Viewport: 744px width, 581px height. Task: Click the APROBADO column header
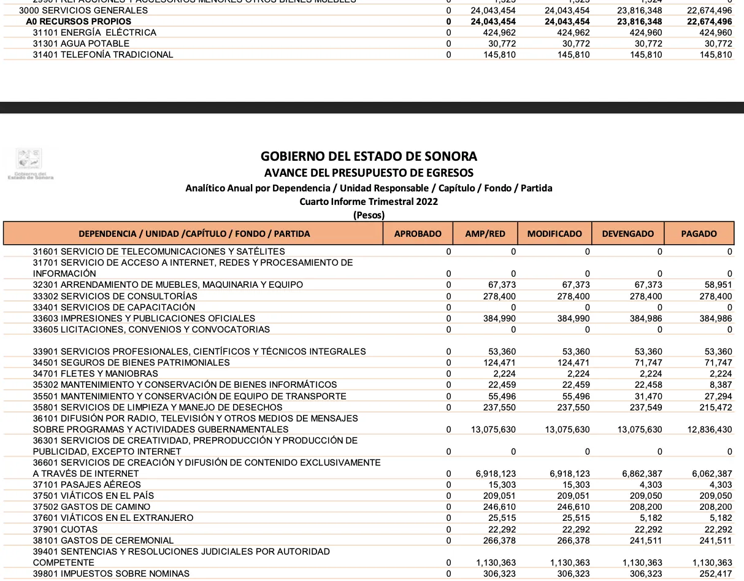pyautogui.click(x=418, y=234)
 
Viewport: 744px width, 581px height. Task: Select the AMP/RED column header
pyautogui.click(x=485, y=234)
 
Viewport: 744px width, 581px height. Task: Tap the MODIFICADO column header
pyautogui.click(x=554, y=234)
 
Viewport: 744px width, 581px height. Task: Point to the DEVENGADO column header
pyautogui.click(x=628, y=234)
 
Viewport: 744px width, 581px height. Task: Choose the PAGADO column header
pyautogui.click(x=699, y=234)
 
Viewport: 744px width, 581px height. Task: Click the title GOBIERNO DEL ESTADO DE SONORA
pyautogui.click(x=369, y=156)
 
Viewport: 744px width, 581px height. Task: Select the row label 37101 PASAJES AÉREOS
pyautogui.click(x=87, y=485)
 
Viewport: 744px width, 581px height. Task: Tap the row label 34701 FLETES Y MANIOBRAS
pyautogui.click(x=95, y=374)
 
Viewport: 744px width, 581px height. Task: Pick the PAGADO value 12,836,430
pyautogui.click(x=710, y=429)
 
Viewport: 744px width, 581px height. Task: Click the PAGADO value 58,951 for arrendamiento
pyautogui.click(x=718, y=285)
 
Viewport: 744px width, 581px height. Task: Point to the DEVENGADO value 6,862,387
pyautogui.click(x=640, y=474)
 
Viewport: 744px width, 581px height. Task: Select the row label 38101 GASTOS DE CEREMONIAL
pyautogui.click(x=103, y=541)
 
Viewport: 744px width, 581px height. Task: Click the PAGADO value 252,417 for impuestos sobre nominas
pyautogui.click(x=716, y=574)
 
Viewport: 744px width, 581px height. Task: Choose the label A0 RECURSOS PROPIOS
pyautogui.click(x=78, y=21)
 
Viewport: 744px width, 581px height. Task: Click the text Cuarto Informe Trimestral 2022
pyautogui.click(x=369, y=201)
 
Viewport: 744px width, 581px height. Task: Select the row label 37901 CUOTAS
pyautogui.click(x=65, y=529)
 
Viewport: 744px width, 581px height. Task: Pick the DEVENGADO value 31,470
pyautogui.click(x=646, y=396)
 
